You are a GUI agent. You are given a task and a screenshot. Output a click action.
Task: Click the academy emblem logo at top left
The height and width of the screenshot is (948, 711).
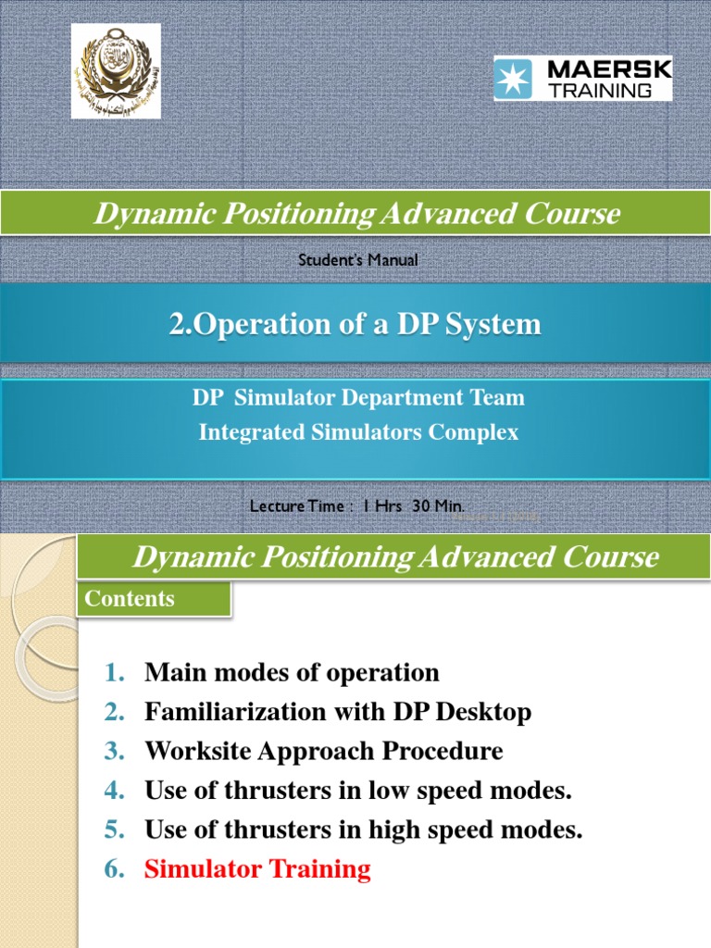pos(116,71)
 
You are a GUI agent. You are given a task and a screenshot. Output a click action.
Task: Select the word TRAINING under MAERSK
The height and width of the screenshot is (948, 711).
pos(613,90)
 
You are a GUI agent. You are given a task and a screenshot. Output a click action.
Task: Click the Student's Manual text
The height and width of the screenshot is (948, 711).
pos(357,260)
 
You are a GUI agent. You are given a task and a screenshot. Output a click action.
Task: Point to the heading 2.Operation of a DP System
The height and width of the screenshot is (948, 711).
pos(355,324)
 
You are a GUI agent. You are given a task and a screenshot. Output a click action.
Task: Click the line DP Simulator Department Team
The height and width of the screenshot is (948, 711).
pos(358,398)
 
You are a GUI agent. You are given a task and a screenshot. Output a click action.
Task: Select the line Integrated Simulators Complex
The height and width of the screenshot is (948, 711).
pos(358,432)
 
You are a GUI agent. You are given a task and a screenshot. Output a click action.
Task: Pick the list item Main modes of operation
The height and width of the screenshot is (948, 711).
pos(292,672)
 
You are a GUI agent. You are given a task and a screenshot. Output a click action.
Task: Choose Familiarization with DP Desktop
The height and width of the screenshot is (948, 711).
pos(338,712)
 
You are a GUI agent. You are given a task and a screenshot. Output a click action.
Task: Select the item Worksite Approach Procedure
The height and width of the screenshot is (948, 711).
pos(324,751)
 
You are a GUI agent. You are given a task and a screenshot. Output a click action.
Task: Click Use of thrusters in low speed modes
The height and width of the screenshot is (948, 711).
pos(358,791)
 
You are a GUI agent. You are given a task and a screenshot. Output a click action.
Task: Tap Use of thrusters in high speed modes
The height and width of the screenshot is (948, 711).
pos(364,829)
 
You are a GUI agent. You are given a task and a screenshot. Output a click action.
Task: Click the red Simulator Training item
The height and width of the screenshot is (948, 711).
pos(257,869)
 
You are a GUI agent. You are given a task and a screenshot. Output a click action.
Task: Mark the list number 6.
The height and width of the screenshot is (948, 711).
pos(114,869)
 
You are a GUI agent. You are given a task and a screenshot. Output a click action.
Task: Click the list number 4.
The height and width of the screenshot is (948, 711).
pos(114,791)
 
